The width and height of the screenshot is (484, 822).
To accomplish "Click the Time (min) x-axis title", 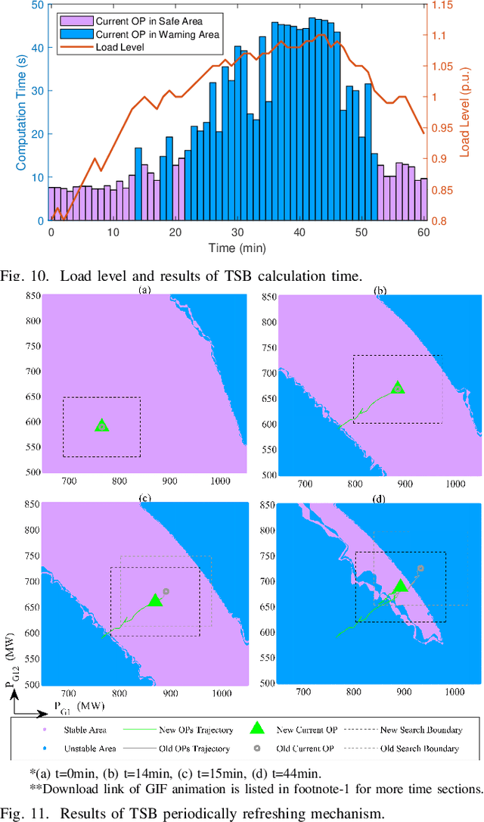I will pos(236,248).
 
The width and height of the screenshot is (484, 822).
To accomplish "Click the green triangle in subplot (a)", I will pos(101,425).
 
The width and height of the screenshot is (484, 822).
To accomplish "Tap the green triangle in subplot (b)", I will pos(398,388).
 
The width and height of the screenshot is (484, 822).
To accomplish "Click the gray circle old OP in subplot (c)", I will pos(166,591).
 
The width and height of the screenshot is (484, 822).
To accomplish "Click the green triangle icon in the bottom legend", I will pos(256,729).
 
